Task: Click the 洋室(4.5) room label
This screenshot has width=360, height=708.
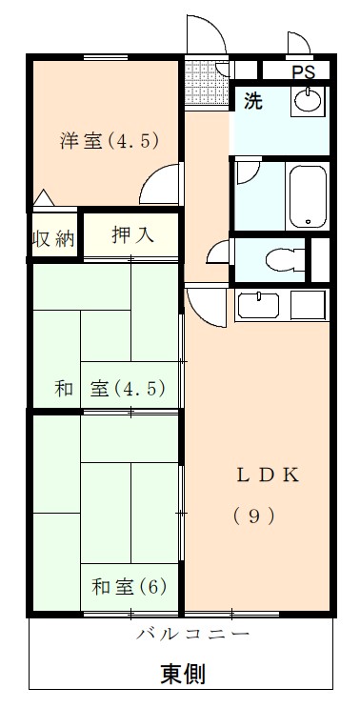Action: click(108, 141)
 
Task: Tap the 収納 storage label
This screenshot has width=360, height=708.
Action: click(53, 238)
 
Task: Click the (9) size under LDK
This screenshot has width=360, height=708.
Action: click(254, 516)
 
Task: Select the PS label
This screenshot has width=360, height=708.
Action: click(303, 71)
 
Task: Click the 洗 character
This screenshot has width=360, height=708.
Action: click(250, 99)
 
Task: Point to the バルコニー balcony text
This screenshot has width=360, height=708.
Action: click(192, 634)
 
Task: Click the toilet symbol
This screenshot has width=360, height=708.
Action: click(287, 258)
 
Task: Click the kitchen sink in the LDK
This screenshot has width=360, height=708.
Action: click(258, 307)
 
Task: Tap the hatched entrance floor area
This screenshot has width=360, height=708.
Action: click(200, 73)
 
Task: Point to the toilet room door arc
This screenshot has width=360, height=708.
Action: click(219, 255)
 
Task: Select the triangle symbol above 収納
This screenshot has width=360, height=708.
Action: click(43, 199)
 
